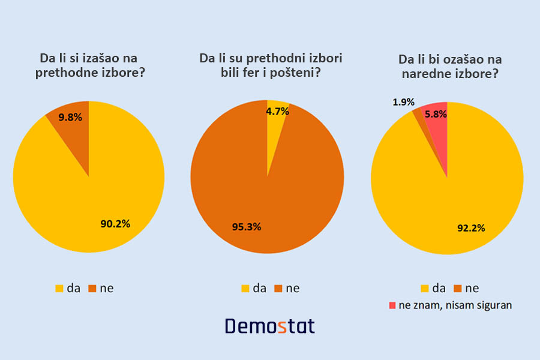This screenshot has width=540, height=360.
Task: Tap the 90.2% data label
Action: (x=115, y=224)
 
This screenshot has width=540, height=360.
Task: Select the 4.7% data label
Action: (x=277, y=111)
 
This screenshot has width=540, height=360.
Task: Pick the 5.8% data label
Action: (x=436, y=114)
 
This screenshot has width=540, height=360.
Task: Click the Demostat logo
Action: (x=270, y=326)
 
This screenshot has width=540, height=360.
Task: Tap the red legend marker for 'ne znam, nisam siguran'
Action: (x=392, y=305)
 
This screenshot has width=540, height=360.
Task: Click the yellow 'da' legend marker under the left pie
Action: (x=59, y=289)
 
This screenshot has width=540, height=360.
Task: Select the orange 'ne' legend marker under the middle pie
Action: (x=278, y=289)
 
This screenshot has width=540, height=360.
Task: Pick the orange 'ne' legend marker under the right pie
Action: (x=457, y=289)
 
